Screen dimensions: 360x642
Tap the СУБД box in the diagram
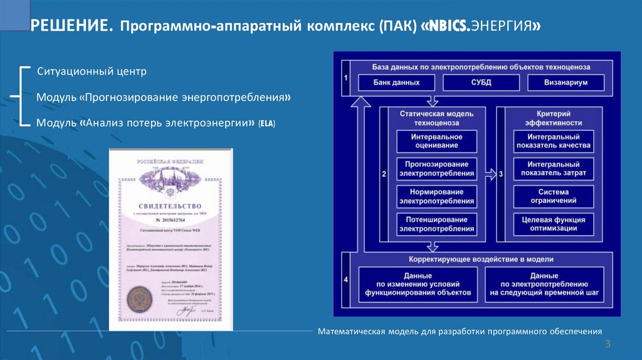481,83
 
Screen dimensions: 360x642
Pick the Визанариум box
566,83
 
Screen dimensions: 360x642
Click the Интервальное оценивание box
436,140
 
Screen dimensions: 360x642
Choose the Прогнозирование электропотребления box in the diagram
436,168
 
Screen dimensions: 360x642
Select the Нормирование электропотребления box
436,196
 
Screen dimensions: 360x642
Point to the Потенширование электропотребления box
436,225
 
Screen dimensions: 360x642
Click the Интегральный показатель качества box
552,140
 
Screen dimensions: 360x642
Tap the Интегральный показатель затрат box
552,168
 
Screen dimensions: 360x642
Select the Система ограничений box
552,196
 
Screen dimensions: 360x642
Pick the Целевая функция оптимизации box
552,225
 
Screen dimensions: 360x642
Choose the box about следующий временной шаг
544,284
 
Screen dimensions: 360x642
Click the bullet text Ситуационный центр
92,71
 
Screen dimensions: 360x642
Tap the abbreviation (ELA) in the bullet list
266,124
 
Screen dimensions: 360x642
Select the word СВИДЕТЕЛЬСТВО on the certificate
171,206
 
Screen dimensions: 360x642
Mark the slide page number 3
608,344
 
